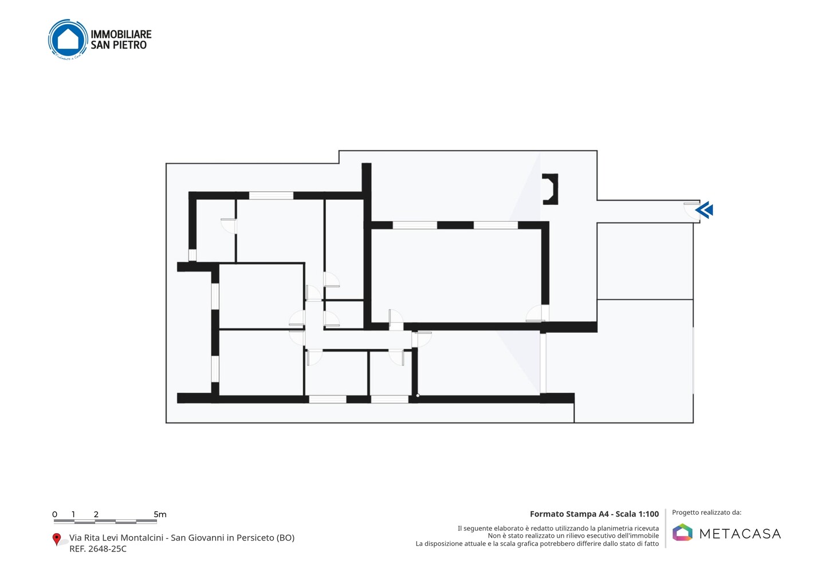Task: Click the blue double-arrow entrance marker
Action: (704, 210)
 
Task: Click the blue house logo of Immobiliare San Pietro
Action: (68, 40)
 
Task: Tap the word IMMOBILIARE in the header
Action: (121, 34)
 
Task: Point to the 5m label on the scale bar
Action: (160, 514)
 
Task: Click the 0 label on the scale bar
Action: (55, 514)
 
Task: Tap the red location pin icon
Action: (56, 539)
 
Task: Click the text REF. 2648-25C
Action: (98, 549)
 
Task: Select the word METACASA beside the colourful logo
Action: (740, 534)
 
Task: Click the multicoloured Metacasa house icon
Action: (682, 532)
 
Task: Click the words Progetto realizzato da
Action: (706, 512)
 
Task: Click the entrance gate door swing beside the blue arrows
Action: (692, 211)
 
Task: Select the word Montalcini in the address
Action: (142, 538)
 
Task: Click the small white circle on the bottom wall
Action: (418, 396)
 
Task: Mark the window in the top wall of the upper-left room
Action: (271, 195)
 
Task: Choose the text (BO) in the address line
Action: (285, 538)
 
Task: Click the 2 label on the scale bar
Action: (96, 514)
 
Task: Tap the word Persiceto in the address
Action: (256, 538)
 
